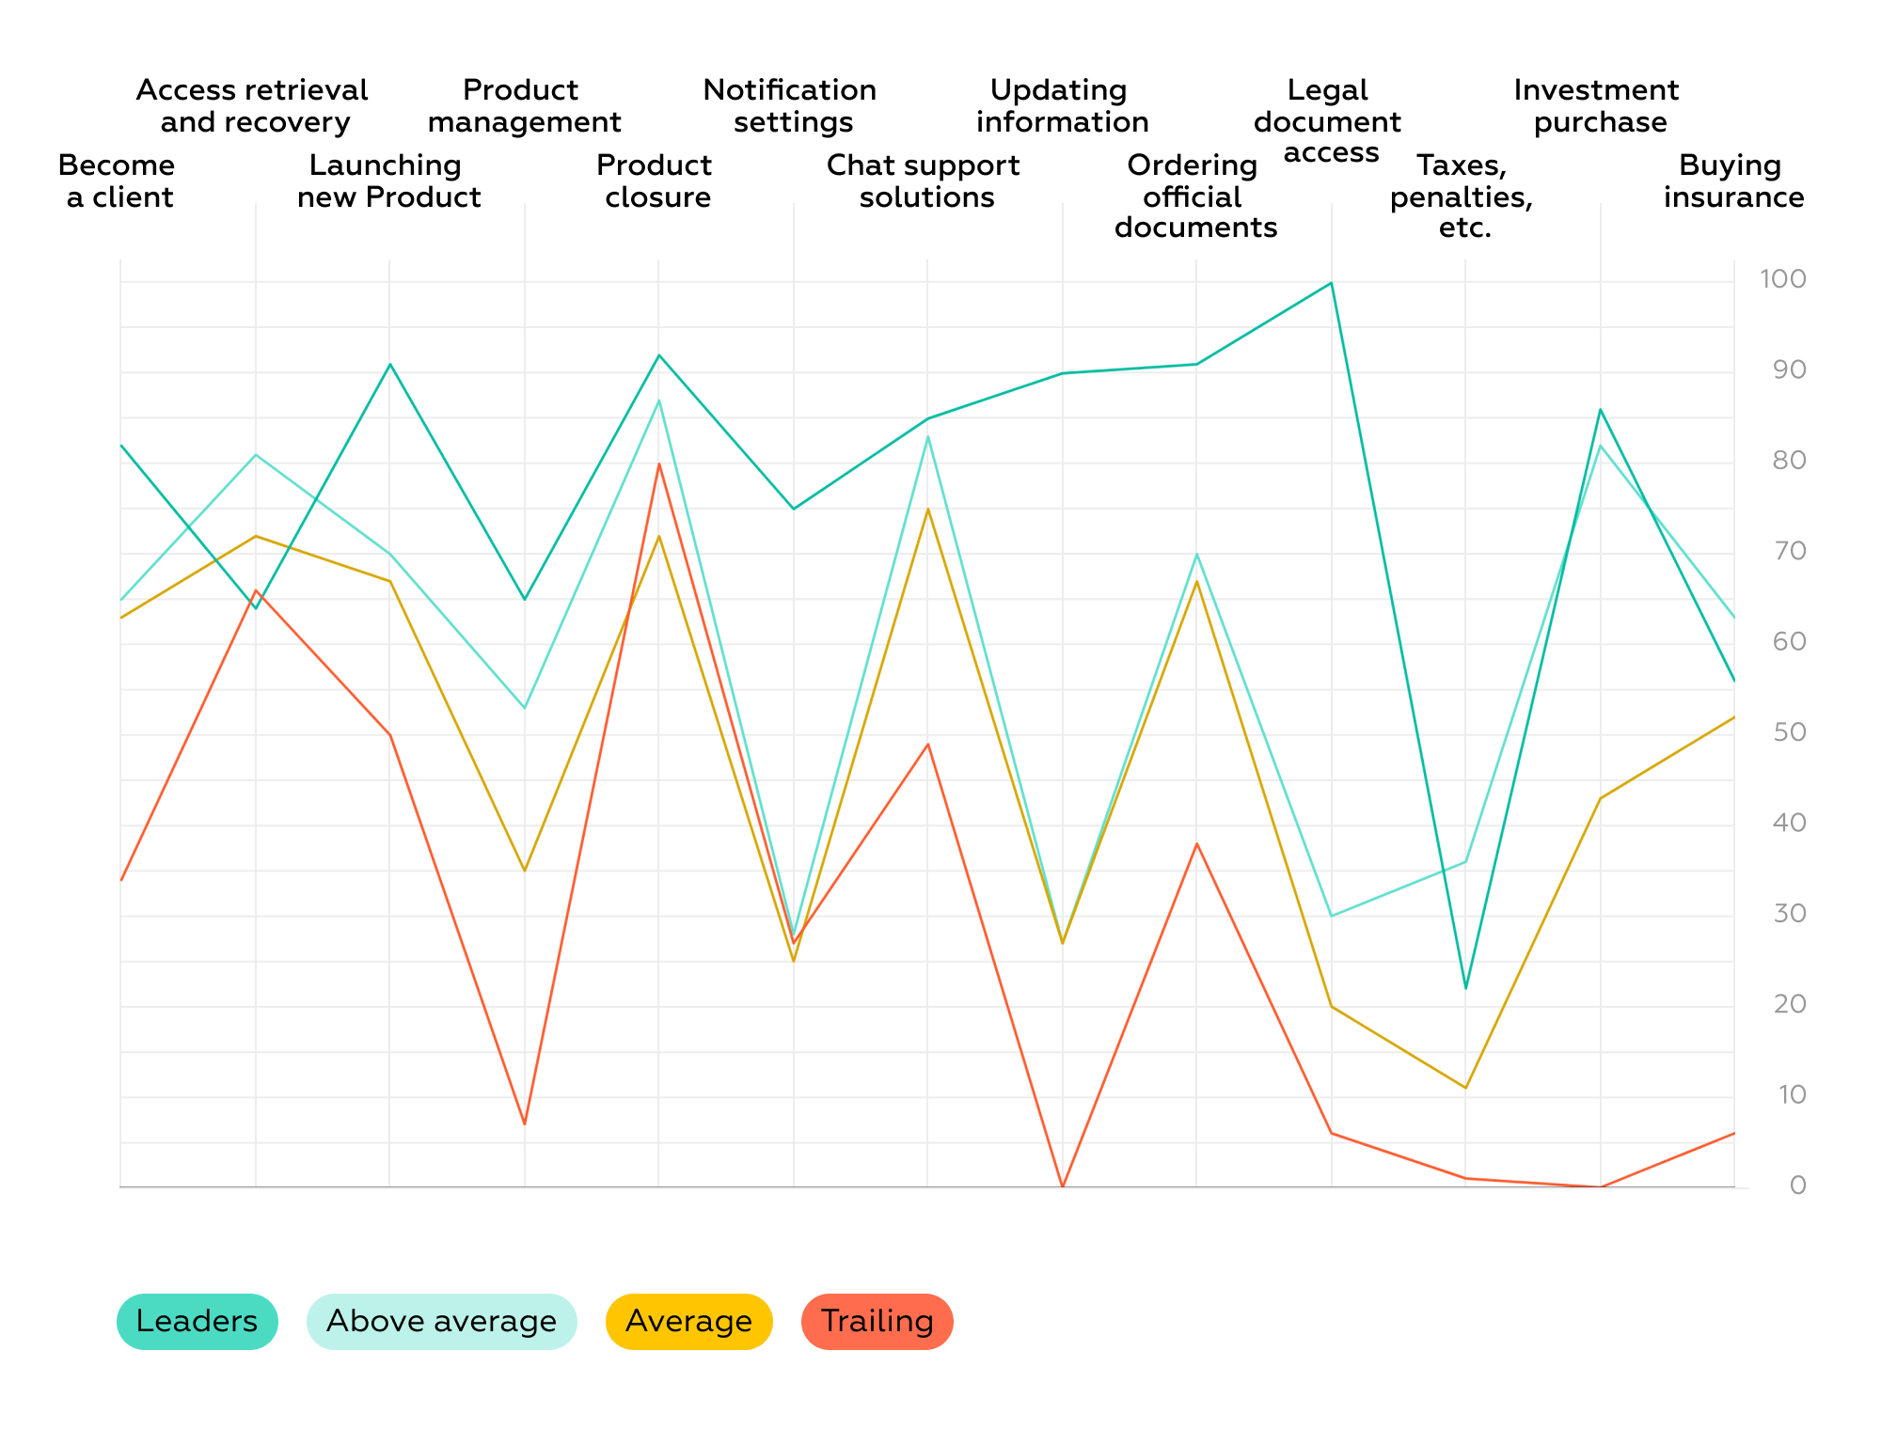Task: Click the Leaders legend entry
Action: pyautogui.click(x=197, y=1321)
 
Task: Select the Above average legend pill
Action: pyautogui.click(x=441, y=1321)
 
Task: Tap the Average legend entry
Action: pyautogui.click(x=688, y=1321)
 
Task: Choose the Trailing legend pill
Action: pyautogui.click(x=877, y=1321)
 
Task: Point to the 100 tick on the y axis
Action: pyautogui.click(x=1783, y=279)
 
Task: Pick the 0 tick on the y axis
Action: pyautogui.click(x=1797, y=1186)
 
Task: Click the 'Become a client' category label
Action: pyautogui.click(x=118, y=181)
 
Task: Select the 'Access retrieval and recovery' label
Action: pyautogui.click(x=253, y=105)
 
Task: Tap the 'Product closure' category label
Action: pyautogui.click(x=656, y=181)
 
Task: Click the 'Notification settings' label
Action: pyautogui.click(x=791, y=105)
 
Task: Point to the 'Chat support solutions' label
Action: pyautogui.click(x=925, y=181)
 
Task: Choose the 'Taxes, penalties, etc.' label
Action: pyautogui.click(x=1463, y=196)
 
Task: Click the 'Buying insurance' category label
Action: pyautogui.click(x=1732, y=181)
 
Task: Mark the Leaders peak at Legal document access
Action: pyautogui.click(x=1331, y=283)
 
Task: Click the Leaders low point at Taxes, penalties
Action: pyautogui.click(x=1465, y=988)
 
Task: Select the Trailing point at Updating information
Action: pyautogui.click(x=1063, y=1186)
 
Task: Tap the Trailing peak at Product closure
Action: pyautogui.click(x=658, y=463)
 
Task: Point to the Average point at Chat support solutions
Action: pyautogui.click(x=927, y=509)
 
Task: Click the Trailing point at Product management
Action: pyautogui.click(x=524, y=1123)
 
